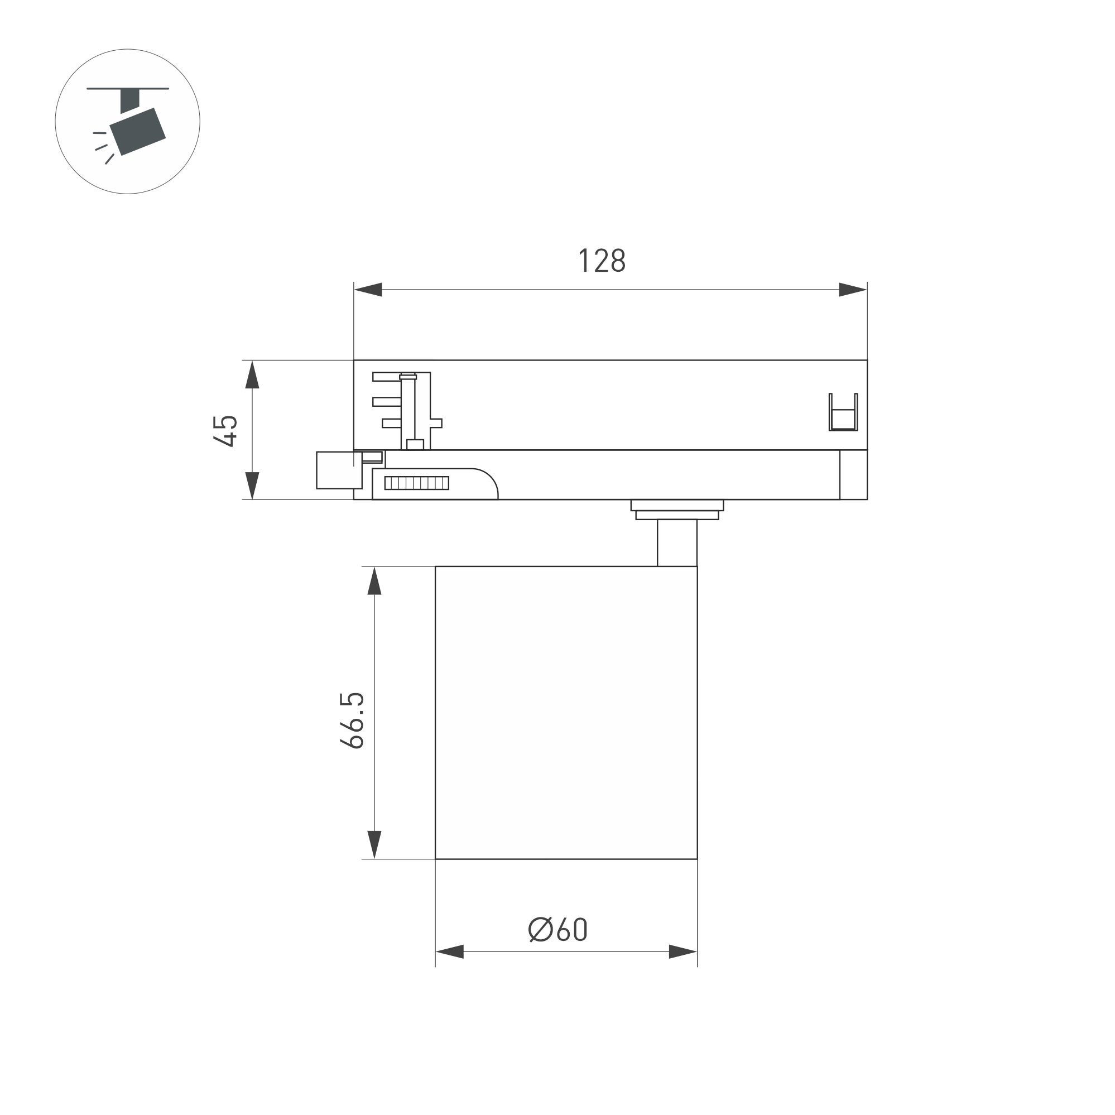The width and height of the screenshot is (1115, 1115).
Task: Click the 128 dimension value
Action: pos(602,261)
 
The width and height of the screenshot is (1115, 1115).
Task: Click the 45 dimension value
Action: pos(225,430)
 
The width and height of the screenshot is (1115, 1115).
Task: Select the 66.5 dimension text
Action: pos(352,720)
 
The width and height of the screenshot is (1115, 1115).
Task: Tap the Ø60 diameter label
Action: pos(557,929)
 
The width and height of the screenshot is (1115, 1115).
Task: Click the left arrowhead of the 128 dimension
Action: pos(368,290)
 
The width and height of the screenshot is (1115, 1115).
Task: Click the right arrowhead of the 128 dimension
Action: pos(852,290)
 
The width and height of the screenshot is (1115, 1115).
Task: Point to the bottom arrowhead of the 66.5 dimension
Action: pos(374,844)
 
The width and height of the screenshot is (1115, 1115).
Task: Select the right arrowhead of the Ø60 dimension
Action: pos(683,951)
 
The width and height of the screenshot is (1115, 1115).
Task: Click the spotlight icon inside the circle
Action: pos(138,130)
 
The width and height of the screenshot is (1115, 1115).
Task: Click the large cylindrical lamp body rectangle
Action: pos(565,713)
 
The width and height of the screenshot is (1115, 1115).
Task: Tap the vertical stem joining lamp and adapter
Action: pos(676,543)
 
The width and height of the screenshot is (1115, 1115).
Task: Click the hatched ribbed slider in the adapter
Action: pos(417,483)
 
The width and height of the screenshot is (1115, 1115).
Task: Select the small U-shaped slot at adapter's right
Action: pos(843,412)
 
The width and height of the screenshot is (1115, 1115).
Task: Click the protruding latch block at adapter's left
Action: pos(339,470)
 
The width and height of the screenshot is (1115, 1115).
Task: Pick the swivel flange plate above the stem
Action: pos(676,506)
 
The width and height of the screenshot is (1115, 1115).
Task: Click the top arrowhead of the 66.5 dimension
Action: pos(374,581)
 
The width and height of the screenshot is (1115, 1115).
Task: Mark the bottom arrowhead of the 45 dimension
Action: pos(252,485)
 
